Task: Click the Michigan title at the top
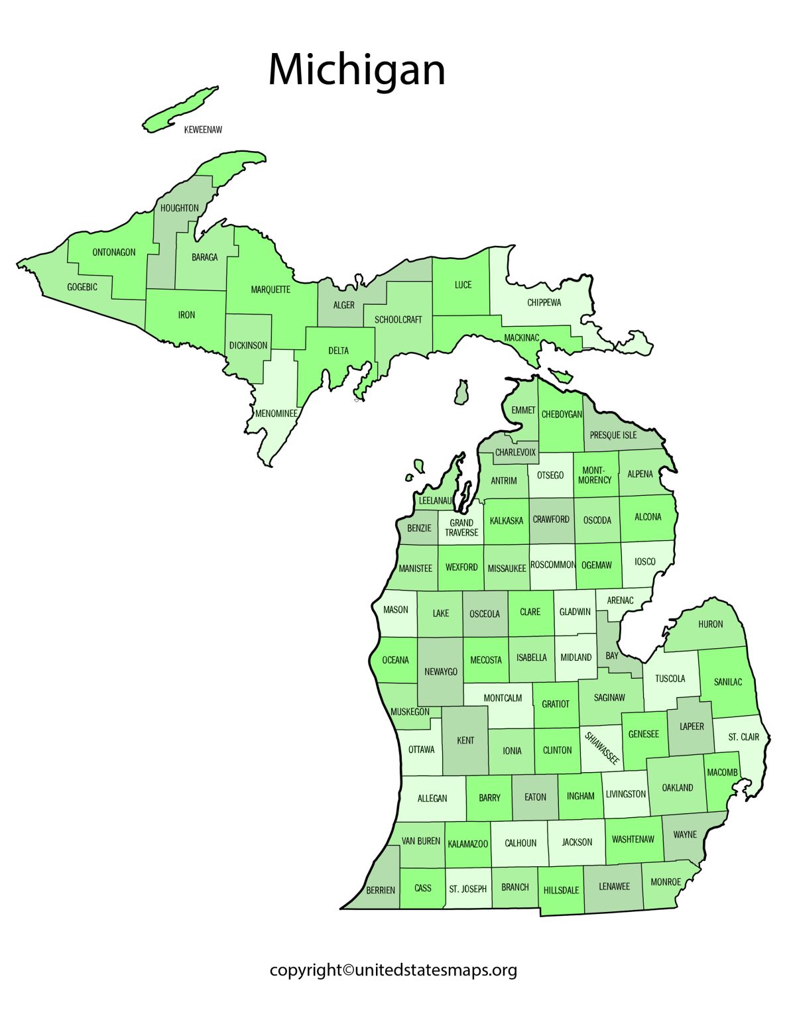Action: coord(357,70)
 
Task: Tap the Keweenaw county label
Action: coord(203,130)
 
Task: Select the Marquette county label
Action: coord(271,290)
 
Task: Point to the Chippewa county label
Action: coord(544,303)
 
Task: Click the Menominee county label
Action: coord(276,414)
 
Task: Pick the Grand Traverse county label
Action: coord(461,528)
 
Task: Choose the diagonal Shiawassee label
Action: coord(602,748)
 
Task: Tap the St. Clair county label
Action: coord(743,737)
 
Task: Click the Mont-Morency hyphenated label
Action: coord(595,475)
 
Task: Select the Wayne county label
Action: coord(685,834)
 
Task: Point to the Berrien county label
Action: coord(381,890)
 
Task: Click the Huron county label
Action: coord(710,624)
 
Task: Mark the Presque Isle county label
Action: coord(613,435)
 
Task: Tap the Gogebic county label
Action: coord(82,287)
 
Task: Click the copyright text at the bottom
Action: coord(393,970)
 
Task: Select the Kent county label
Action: coord(465,740)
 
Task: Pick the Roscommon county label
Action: coord(553,565)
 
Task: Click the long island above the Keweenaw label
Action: coord(180,108)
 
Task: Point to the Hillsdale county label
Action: coord(561,891)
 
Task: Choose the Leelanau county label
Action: coord(435,500)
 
